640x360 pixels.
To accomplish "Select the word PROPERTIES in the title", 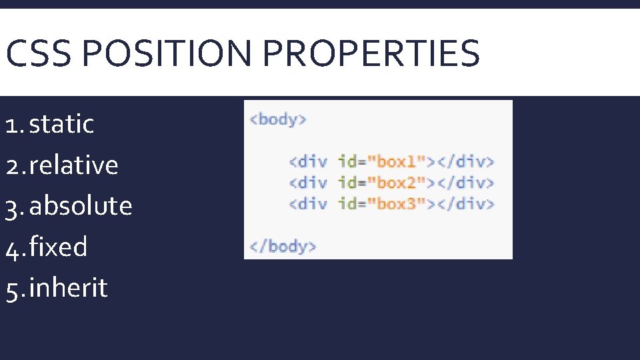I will [371, 53].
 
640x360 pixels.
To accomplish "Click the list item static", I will [61, 124].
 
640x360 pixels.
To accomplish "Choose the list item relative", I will [73, 165].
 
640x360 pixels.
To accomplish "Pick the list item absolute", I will [81, 206].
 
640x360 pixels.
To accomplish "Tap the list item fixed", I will [58, 247].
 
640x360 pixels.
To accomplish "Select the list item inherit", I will [68, 289].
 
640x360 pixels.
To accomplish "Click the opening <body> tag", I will [278, 119].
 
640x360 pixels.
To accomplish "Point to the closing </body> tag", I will [283, 246].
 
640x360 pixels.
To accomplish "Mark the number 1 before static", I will [11, 125].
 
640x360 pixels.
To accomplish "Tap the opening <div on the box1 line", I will [308, 161].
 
